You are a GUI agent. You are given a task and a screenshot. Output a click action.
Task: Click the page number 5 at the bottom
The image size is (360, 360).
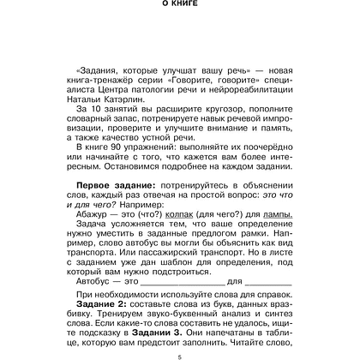[180, 356]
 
